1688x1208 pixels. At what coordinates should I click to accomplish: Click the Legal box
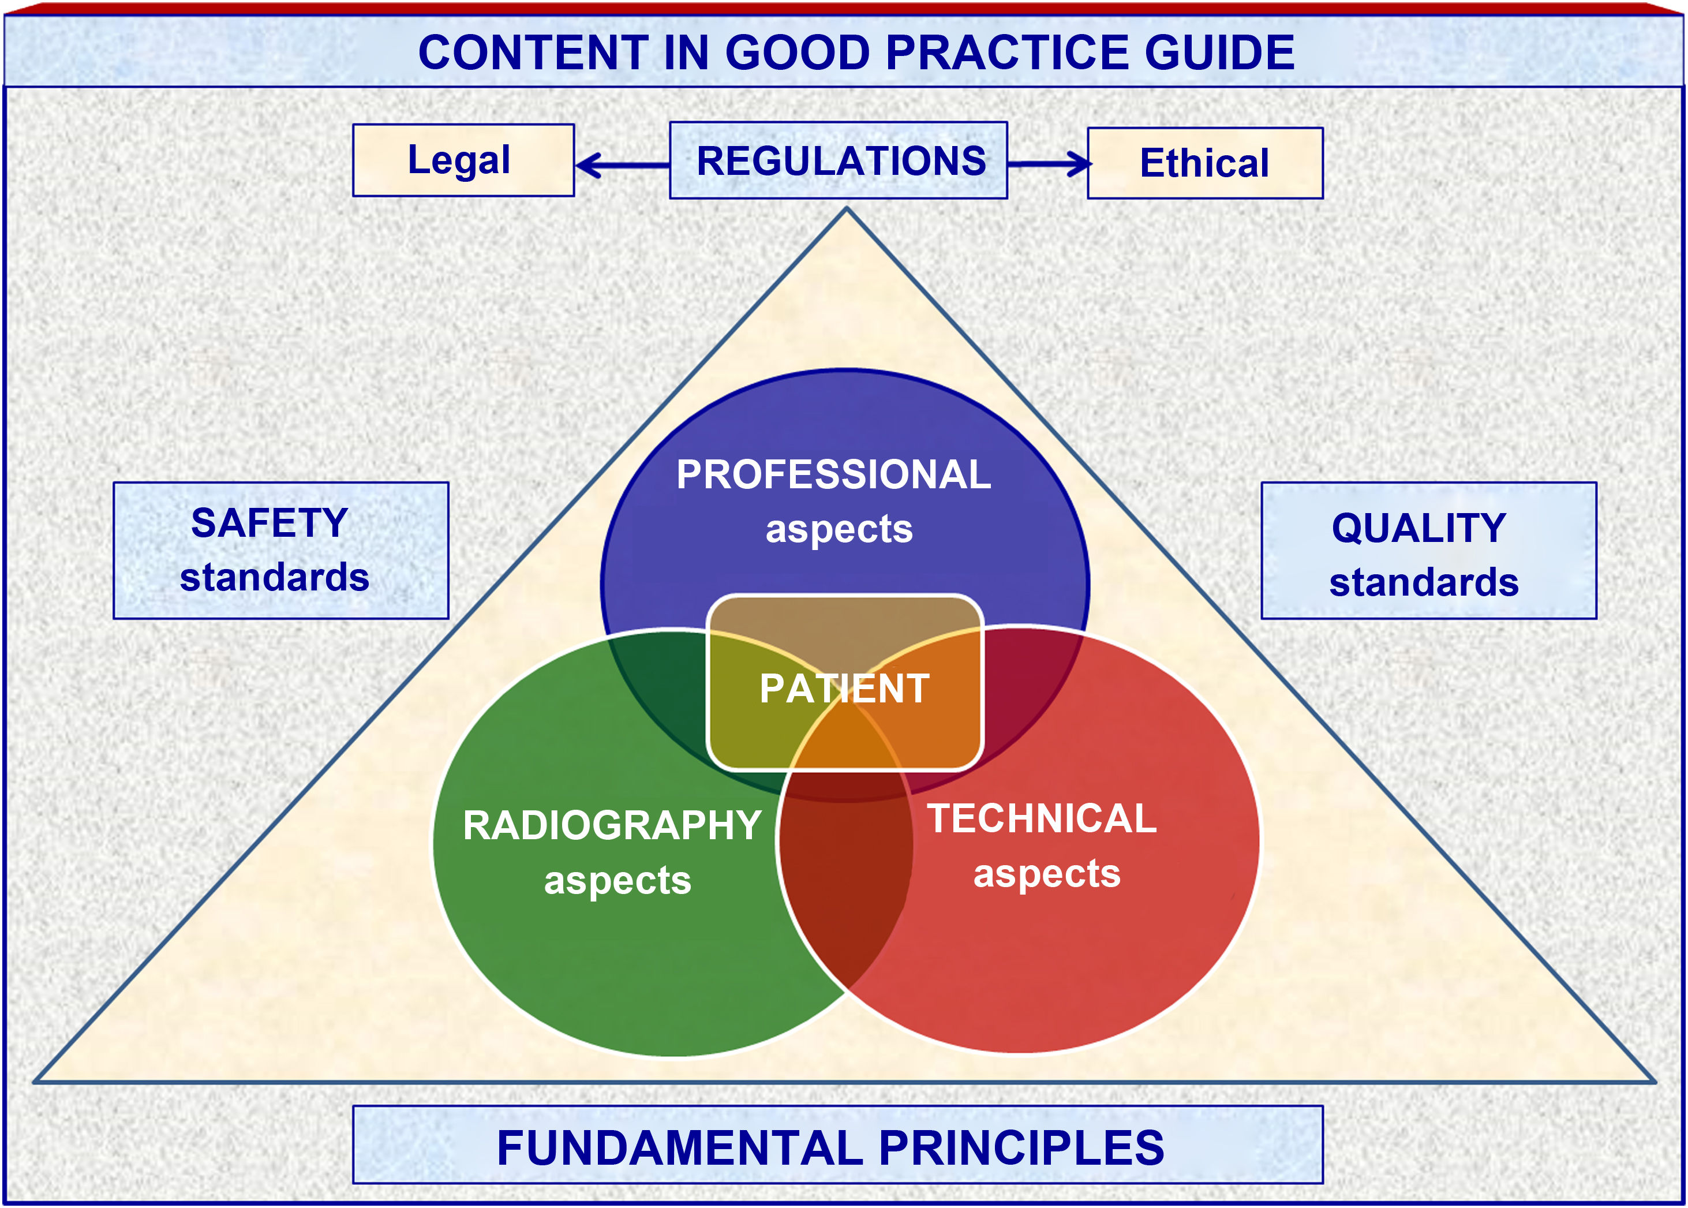[x=462, y=160]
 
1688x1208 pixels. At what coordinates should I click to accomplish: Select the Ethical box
[x=1204, y=163]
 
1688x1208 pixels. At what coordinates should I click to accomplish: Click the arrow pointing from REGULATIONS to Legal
[x=622, y=165]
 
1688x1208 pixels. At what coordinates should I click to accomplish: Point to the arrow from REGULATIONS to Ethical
[x=1049, y=164]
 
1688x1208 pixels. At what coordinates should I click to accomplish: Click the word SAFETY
[x=269, y=523]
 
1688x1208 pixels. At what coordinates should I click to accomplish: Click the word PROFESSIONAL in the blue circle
[x=833, y=474]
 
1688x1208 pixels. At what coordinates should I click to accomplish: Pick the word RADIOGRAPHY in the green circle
[x=611, y=826]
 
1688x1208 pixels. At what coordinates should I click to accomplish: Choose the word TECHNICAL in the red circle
[x=1042, y=819]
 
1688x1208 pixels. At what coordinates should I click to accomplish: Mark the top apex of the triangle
[x=846, y=211]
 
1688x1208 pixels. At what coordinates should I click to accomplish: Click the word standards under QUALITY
[x=1423, y=582]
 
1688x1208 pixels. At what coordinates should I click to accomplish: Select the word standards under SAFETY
[x=274, y=578]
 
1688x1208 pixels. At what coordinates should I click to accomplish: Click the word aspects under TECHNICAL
[x=1046, y=874]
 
